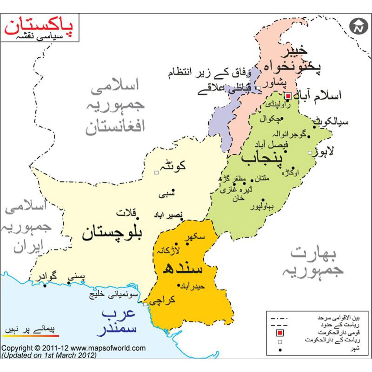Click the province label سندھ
(183, 268)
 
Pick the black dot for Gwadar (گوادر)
(45, 286)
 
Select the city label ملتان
(262, 178)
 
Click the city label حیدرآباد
(194, 287)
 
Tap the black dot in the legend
(280, 350)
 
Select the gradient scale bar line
(31, 335)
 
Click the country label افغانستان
(115, 127)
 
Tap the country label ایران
(28, 247)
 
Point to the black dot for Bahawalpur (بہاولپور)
(263, 200)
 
